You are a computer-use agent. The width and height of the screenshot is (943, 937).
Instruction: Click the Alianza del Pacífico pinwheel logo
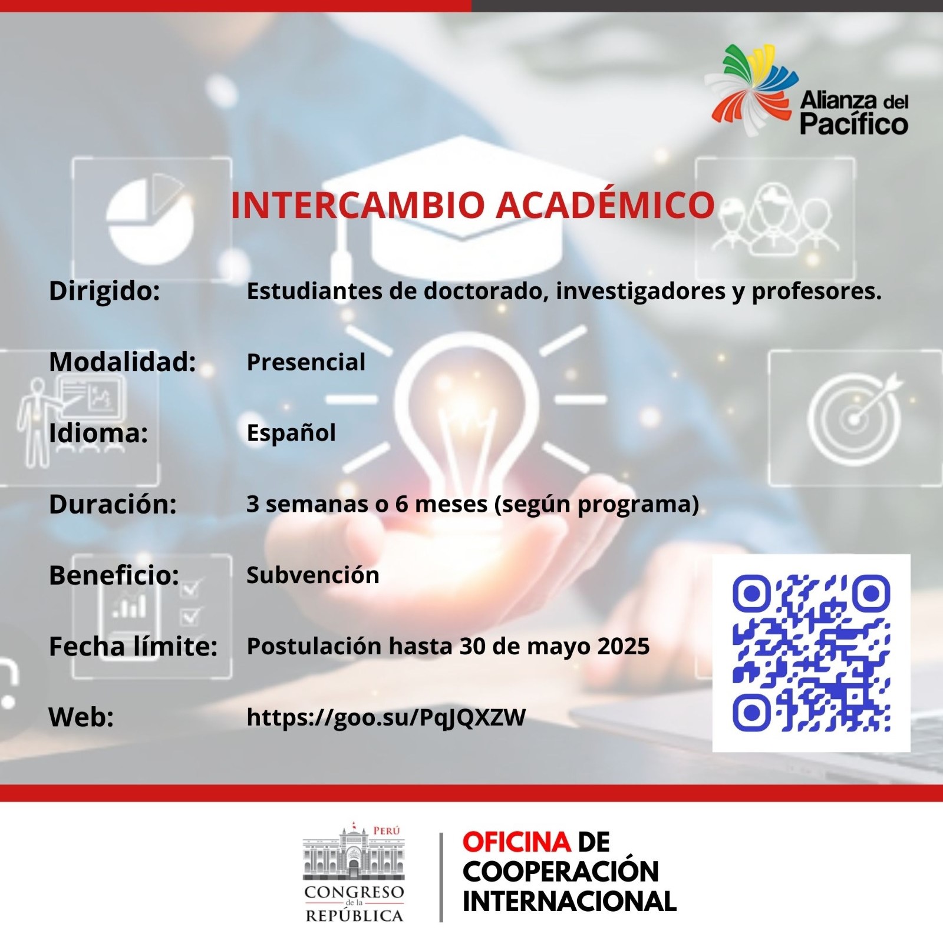coord(751,90)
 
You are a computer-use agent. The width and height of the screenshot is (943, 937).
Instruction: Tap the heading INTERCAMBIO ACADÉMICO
coord(472,205)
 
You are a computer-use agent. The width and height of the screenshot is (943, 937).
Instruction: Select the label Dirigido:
coord(104,291)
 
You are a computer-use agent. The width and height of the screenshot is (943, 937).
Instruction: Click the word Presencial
coord(306,362)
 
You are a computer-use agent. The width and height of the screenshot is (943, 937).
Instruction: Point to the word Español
coord(291,433)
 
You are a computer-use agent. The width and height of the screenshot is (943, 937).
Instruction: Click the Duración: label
coord(113,504)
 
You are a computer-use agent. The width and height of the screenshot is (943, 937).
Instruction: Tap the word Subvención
coord(313,575)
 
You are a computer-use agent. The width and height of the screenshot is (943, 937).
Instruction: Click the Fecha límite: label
coord(133,646)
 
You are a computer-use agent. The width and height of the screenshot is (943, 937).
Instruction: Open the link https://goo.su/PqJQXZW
coord(386,717)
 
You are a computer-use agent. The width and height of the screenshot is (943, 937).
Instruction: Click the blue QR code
coord(811,653)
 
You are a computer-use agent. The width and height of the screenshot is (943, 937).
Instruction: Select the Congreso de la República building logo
coord(354,872)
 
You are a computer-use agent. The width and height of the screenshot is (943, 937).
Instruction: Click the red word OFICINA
coord(516,842)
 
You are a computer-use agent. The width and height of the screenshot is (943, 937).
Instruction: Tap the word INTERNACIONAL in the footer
coord(569,902)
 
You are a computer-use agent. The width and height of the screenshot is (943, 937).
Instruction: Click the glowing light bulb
coord(466,412)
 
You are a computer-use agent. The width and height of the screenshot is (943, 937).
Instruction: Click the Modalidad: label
coord(123,362)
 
